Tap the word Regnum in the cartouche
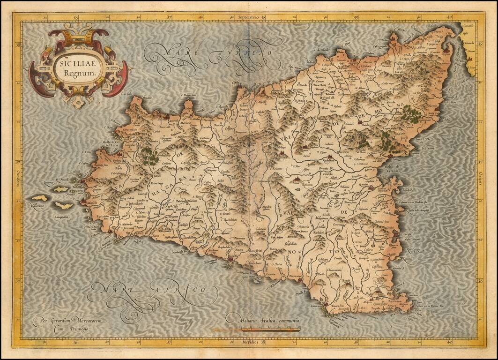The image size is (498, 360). pos(76,73)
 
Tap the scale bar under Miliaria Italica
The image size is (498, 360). pos(271,330)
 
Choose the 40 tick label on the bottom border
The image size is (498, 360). pos(449,342)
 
